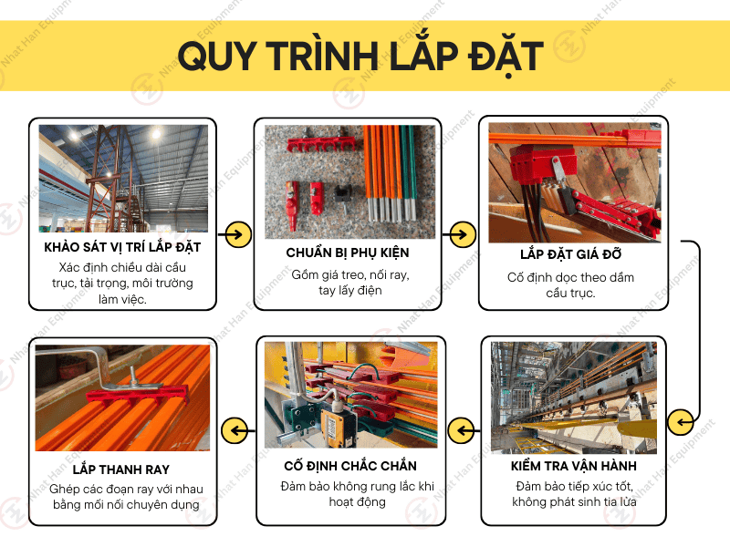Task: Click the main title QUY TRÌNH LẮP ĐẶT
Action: click(360, 56)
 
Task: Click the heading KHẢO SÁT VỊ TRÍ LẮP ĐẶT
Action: click(122, 247)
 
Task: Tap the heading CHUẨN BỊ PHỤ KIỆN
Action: click(348, 253)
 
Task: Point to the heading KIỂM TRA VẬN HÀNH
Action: click(573, 466)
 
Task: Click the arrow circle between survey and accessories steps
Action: click(236, 233)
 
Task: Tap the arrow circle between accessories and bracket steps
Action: click(464, 233)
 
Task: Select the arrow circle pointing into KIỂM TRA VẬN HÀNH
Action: click(681, 422)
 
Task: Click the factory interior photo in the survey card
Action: click(123, 178)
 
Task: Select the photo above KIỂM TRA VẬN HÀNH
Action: click(573, 397)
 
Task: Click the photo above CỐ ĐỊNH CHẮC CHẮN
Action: click(349, 396)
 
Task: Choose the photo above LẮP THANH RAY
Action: click(122, 397)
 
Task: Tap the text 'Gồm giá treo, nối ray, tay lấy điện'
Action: click(348, 283)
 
